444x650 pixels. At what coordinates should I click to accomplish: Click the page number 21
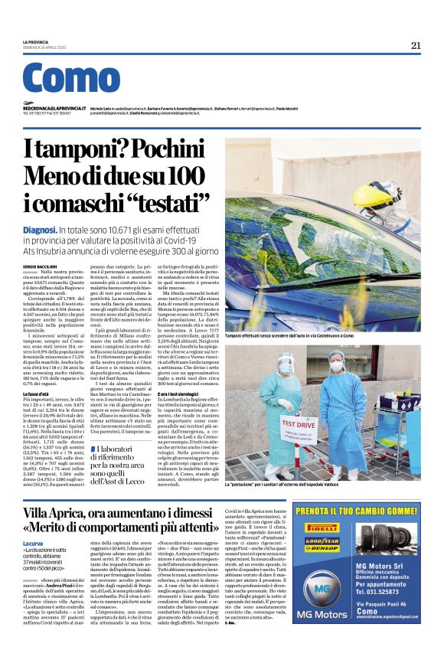tap(416, 45)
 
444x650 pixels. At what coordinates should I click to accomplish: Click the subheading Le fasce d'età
tap(37, 393)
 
